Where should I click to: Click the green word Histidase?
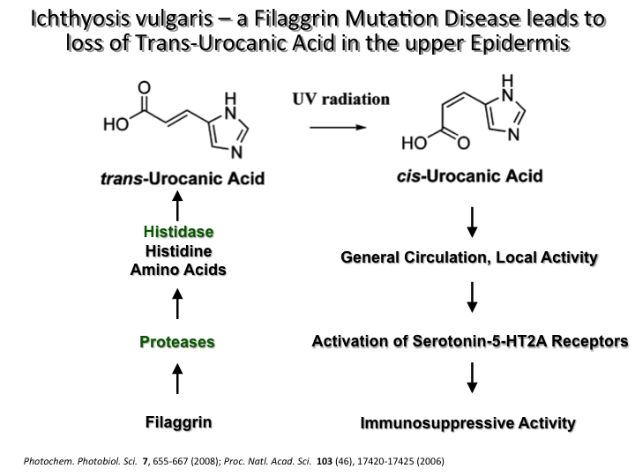coord(178,232)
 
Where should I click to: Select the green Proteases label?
coord(178,341)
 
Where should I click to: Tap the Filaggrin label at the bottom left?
coord(178,422)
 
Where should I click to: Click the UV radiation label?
coord(340,99)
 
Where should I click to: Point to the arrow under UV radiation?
coord(337,127)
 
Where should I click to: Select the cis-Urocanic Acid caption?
coord(468,176)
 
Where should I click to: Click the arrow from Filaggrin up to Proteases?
coord(178,381)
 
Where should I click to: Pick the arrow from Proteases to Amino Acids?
coord(178,304)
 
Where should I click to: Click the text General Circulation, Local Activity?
coord(468,258)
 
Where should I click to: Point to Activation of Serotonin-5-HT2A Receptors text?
coord(470,341)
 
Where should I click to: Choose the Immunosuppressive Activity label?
coord(468,423)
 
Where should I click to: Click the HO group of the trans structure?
coord(115,124)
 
